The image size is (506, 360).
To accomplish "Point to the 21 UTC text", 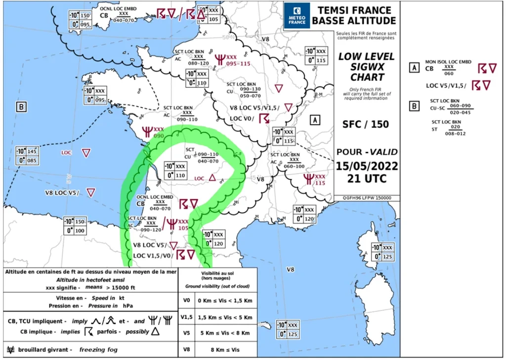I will pos(366,178).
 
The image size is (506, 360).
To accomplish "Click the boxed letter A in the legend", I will pos(414,68).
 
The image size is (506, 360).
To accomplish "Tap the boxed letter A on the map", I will pos(315,119).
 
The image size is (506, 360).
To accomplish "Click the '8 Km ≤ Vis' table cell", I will pos(225,349).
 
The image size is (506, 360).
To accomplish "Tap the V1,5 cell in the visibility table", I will pos(186,317).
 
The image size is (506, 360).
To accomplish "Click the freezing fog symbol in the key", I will pos(10,350).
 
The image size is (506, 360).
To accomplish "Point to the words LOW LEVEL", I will pos(361,57).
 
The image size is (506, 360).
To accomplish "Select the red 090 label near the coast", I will pos(159,136).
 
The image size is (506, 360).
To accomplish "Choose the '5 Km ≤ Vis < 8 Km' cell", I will pos(225,333).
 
